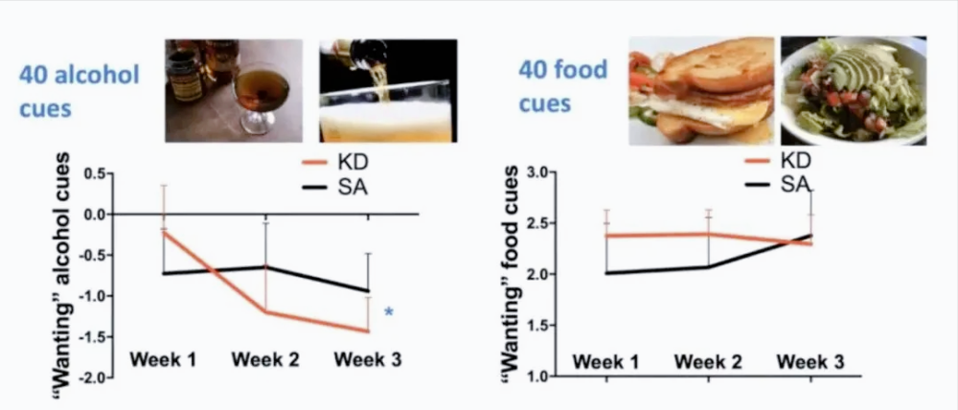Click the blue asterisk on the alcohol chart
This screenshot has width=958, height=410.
[x=389, y=312]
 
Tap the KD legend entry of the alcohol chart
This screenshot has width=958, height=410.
[x=335, y=163]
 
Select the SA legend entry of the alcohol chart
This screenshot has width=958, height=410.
[x=335, y=187]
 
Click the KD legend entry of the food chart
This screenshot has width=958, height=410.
[x=778, y=161]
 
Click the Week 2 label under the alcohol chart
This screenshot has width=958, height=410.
[x=265, y=359]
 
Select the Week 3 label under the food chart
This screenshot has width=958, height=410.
[x=810, y=362]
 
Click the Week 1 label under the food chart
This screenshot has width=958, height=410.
[x=605, y=362]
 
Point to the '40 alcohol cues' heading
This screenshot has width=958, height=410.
[x=80, y=92]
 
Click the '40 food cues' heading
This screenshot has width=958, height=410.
[x=562, y=86]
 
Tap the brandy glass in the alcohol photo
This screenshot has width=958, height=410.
[x=256, y=97]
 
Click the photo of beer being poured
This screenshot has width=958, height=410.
[x=388, y=91]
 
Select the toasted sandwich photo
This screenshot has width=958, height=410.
[x=701, y=90]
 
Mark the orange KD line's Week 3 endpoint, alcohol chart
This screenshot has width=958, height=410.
[x=369, y=331]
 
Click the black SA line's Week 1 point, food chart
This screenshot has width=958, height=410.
[x=606, y=273]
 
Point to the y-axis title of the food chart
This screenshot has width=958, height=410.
[x=511, y=273]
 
